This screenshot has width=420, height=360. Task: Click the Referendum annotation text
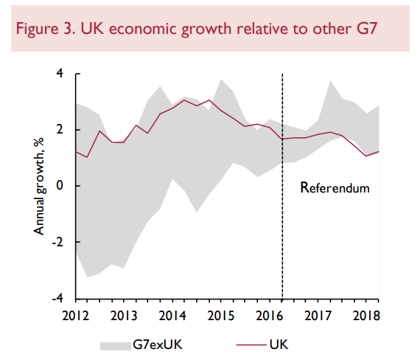tap(335, 187)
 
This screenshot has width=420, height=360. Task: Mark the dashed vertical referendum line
tap(282, 221)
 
